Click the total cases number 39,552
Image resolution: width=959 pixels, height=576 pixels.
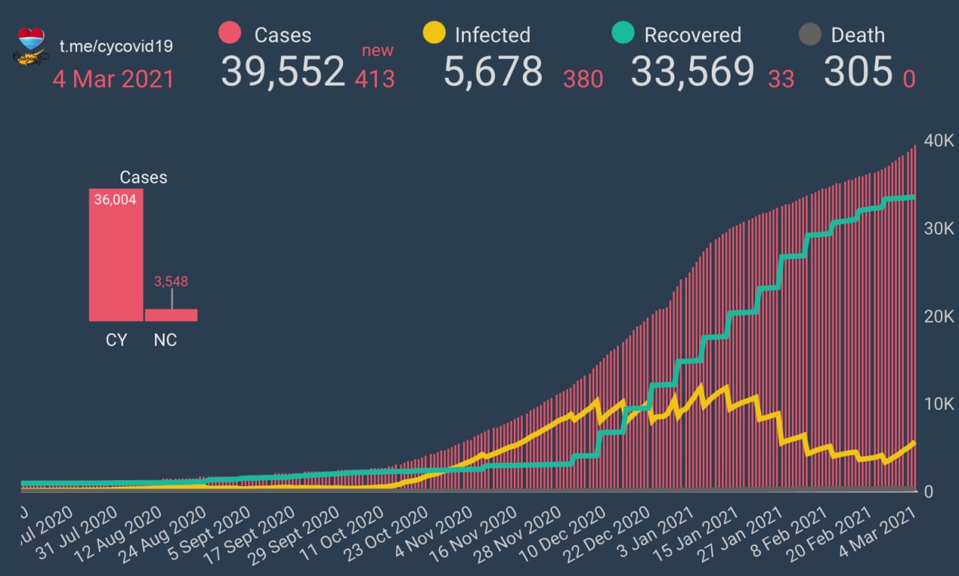point(282,72)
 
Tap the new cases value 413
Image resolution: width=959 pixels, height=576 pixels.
point(375,78)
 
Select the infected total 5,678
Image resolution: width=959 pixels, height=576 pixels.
point(492,72)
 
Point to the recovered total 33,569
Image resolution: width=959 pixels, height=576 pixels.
point(692,72)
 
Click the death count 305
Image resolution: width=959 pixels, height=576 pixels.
point(858,72)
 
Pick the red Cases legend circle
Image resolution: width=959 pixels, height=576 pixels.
point(230,34)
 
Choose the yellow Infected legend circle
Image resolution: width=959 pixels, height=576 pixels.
point(434,34)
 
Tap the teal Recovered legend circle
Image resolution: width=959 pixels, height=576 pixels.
point(623,34)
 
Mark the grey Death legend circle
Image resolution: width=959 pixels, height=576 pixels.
point(811,34)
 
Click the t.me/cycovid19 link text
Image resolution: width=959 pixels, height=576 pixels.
point(116,46)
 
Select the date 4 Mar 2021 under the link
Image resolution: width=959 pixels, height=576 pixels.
point(113,79)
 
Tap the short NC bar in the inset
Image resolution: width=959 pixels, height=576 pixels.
point(171,315)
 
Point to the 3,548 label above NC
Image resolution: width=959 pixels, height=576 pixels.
point(171,282)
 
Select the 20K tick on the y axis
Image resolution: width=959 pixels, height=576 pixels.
point(939,317)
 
